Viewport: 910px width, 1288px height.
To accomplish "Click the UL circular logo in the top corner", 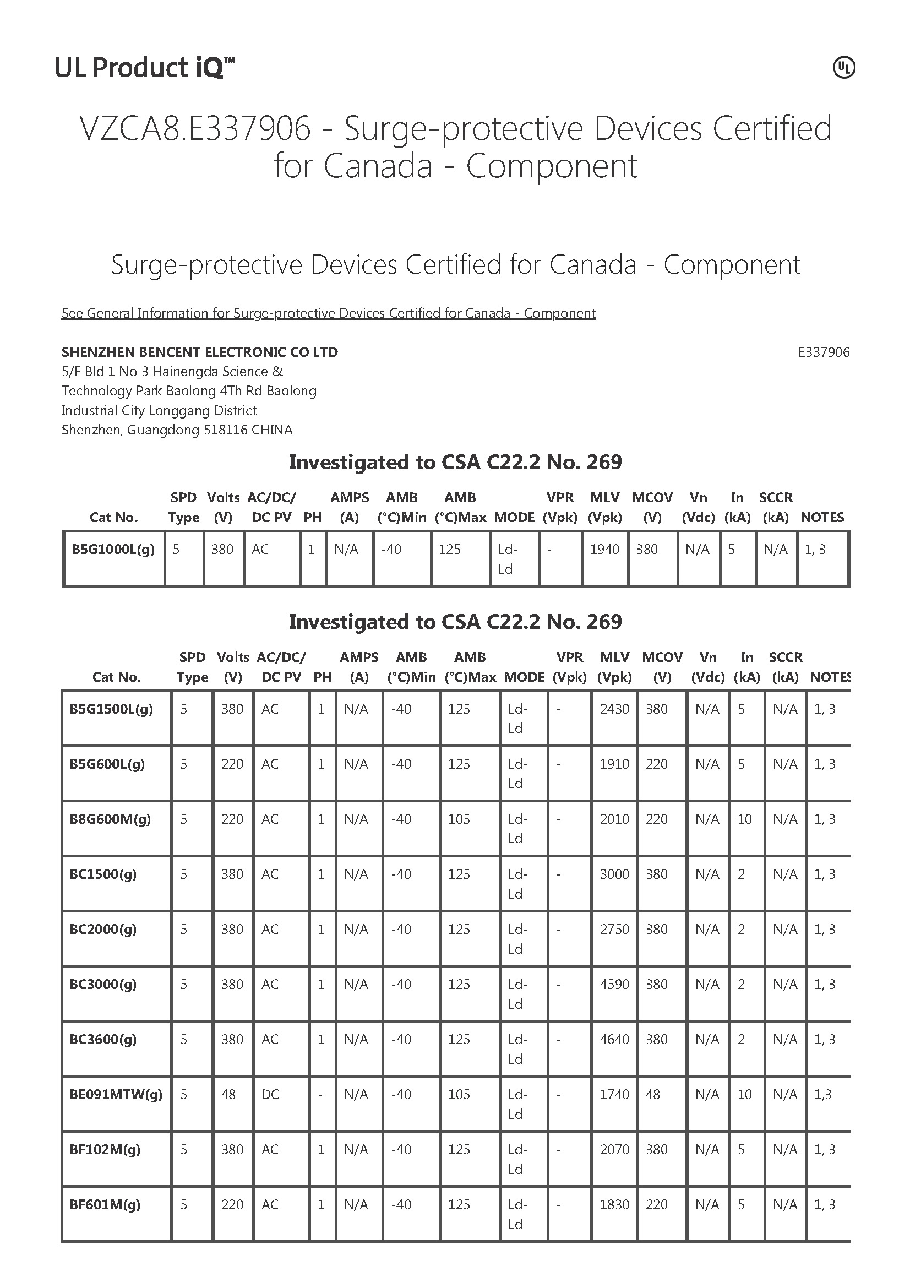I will (x=843, y=68).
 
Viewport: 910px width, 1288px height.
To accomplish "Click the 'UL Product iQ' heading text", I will (x=144, y=68).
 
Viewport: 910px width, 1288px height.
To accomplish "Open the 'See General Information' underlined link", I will (x=328, y=313).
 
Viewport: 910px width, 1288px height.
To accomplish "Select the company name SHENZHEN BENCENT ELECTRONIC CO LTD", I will (x=200, y=352).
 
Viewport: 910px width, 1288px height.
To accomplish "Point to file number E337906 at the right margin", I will (x=823, y=352).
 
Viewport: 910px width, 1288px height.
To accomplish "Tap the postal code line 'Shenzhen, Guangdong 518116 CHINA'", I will (x=177, y=430).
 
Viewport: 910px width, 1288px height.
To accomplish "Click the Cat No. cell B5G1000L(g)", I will (x=113, y=549).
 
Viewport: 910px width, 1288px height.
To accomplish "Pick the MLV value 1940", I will (x=604, y=549).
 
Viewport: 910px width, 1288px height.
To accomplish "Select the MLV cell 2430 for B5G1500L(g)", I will (x=614, y=709).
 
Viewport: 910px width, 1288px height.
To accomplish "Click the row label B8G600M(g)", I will (x=110, y=819).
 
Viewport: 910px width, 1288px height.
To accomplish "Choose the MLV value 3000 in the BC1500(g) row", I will (x=614, y=874).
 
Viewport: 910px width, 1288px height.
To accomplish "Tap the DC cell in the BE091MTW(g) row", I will (x=270, y=1094).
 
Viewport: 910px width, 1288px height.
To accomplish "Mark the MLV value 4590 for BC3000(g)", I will (x=614, y=984).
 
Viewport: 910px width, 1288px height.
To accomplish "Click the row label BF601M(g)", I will (x=105, y=1204).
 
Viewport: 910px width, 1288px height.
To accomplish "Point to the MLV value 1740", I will (x=614, y=1094).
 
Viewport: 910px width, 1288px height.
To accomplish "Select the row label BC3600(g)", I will (x=103, y=1039).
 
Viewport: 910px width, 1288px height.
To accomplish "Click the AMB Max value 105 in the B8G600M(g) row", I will (x=459, y=819).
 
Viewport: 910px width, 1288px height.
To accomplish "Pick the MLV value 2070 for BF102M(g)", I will (x=614, y=1149).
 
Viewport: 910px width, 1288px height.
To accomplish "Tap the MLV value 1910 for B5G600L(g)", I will (x=614, y=764).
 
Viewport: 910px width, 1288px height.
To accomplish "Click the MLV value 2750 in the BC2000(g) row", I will (x=614, y=929).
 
